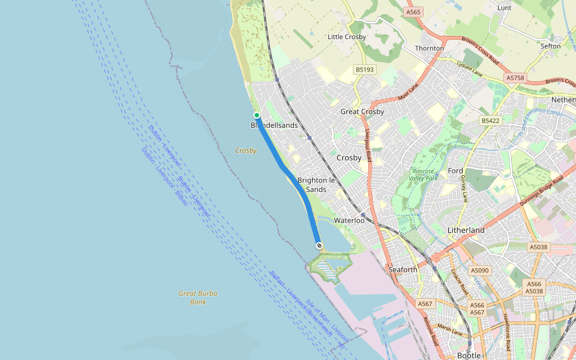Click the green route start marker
pyautogui.click(x=256, y=115)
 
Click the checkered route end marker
pyautogui.click(x=319, y=245)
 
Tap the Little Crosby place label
pyautogui.click(x=346, y=37)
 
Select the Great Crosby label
pyautogui.click(x=362, y=112)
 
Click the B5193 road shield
pyautogui.click(x=364, y=70)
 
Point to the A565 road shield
pyautogui.click(x=413, y=12)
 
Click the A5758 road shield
pyautogui.click(x=515, y=78)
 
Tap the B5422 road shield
pyautogui.click(x=490, y=121)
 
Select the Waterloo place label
pyautogui.click(x=349, y=220)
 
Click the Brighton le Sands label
pyautogui.click(x=316, y=185)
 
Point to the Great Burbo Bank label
pyautogui.click(x=198, y=298)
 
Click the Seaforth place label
pyautogui.click(x=403, y=269)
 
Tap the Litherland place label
pyautogui.click(x=466, y=230)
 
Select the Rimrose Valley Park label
pyautogui.click(x=424, y=175)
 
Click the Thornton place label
pyautogui.click(x=430, y=48)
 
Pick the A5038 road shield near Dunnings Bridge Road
pyautogui.click(x=538, y=247)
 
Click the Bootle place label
pyautogui.click(x=469, y=355)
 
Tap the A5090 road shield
pyautogui.click(x=480, y=271)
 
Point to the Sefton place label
pyautogui.click(x=550, y=46)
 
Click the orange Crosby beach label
pyautogui.click(x=246, y=151)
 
